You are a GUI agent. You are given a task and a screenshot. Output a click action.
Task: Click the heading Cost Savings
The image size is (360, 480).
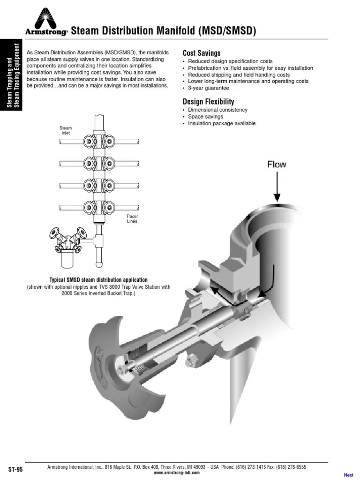[201, 53]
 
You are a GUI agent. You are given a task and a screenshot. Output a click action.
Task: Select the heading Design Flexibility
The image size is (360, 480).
[208, 102]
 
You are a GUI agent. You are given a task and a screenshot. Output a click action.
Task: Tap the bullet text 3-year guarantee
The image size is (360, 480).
[209, 88]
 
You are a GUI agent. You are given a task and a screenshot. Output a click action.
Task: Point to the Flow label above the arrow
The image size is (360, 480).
[277, 165]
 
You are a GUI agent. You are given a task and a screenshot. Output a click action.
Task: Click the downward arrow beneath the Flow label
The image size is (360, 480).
[277, 187]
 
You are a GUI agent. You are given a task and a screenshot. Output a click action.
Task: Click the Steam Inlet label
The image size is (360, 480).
[66, 130]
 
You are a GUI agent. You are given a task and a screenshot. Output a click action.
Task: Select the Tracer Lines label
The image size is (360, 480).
[132, 218]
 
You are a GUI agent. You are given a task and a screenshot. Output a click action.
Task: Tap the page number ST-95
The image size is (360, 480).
[15, 469]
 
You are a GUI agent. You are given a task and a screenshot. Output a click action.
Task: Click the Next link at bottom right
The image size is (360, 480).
[348, 475]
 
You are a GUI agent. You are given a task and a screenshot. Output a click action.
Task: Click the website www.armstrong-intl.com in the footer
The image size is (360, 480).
[177, 472]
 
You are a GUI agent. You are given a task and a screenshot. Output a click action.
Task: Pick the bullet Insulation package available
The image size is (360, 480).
[222, 123]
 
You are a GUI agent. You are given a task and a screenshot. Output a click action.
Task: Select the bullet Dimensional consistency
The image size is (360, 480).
[217, 110]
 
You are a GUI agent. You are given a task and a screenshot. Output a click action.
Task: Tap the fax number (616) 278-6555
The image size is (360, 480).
[290, 467]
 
